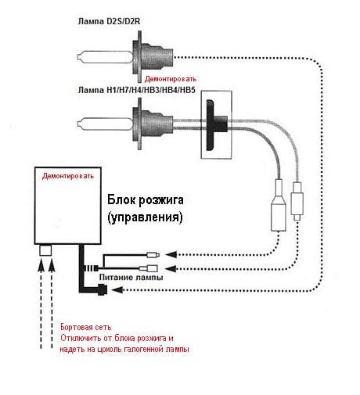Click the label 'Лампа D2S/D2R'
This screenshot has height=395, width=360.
pos(109,21)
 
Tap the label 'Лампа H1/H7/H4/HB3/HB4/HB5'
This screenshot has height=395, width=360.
pos(136,90)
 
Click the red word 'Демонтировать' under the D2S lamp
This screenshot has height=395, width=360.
pos(171,79)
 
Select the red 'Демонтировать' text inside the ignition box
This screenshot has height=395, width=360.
pos(68,176)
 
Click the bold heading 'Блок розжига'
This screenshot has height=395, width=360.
pos(146,200)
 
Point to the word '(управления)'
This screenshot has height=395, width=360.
pos(145,217)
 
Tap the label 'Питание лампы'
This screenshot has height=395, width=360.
pos(131,277)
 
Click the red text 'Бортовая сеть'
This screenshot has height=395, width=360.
pos(86,327)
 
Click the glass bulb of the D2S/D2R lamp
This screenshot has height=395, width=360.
pos(105,57)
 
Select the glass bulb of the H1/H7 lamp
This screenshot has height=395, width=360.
pos(105,124)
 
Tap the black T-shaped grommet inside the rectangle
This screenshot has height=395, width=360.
pos(215,125)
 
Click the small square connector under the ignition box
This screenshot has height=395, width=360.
pos(45,250)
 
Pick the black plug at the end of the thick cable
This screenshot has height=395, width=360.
pos(103,289)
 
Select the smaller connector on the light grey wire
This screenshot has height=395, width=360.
pos(297,201)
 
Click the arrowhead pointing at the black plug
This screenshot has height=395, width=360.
pos(117,289)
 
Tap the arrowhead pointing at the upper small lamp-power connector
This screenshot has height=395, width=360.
pos(171,254)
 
